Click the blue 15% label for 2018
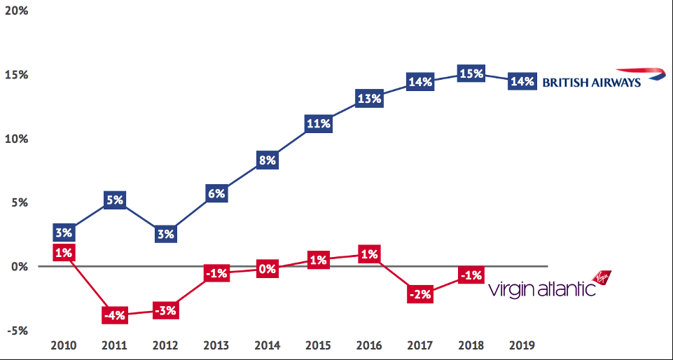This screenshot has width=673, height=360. (x=471, y=74)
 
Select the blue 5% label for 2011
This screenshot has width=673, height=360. (x=115, y=200)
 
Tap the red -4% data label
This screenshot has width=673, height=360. (x=115, y=315)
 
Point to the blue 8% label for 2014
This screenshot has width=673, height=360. (x=268, y=160)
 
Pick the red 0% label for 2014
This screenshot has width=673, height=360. (x=268, y=268)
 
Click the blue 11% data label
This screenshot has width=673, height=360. (x=318, y=124)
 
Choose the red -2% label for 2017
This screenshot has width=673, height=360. (x=420, y=294)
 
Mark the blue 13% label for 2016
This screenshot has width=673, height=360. (x=369, y=99)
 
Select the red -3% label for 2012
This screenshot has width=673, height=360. (x=165, y=310)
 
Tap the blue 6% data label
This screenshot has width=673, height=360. (x=216, y=193)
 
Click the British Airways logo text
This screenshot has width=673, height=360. (x=592, y=82)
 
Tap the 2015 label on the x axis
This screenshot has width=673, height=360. (x=318, y=346)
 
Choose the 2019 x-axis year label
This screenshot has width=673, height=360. (x=522, y=346)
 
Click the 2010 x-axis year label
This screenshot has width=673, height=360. (x=64, y=346)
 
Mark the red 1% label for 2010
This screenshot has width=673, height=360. (x=64, y=253)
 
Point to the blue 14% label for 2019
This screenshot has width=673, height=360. (x=522, y=81)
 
